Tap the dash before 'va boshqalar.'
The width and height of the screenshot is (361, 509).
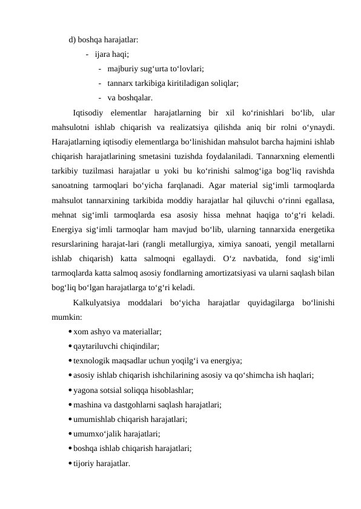99,97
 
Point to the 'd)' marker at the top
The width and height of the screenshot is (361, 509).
72,41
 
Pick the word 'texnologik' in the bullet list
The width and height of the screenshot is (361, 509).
92,360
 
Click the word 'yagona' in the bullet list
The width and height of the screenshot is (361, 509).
86,390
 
